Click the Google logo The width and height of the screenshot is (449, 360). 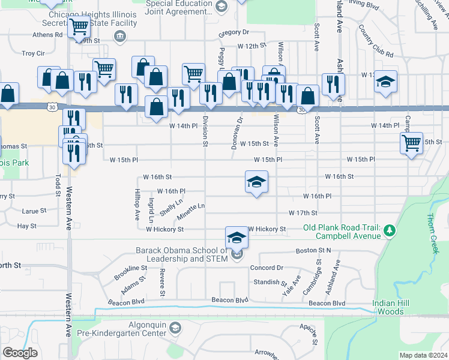coord(20,353)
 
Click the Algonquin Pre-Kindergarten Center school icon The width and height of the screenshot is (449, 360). coord(175,328)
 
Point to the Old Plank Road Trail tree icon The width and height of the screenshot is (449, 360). coord(390,230)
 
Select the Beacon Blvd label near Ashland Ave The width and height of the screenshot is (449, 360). coord(327,304)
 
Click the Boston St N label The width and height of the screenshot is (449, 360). coord(313,250)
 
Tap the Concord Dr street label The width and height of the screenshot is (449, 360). coord(266,268)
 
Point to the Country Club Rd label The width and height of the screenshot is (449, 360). coord(375,41)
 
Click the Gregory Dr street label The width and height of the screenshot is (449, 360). coord(234,32)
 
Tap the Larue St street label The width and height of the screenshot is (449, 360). coord(34,211)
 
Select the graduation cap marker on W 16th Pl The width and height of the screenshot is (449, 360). coord(256,182)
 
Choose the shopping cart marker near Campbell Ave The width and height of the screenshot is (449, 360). coord(411,143)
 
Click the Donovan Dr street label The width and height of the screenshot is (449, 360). coord(238,128)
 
